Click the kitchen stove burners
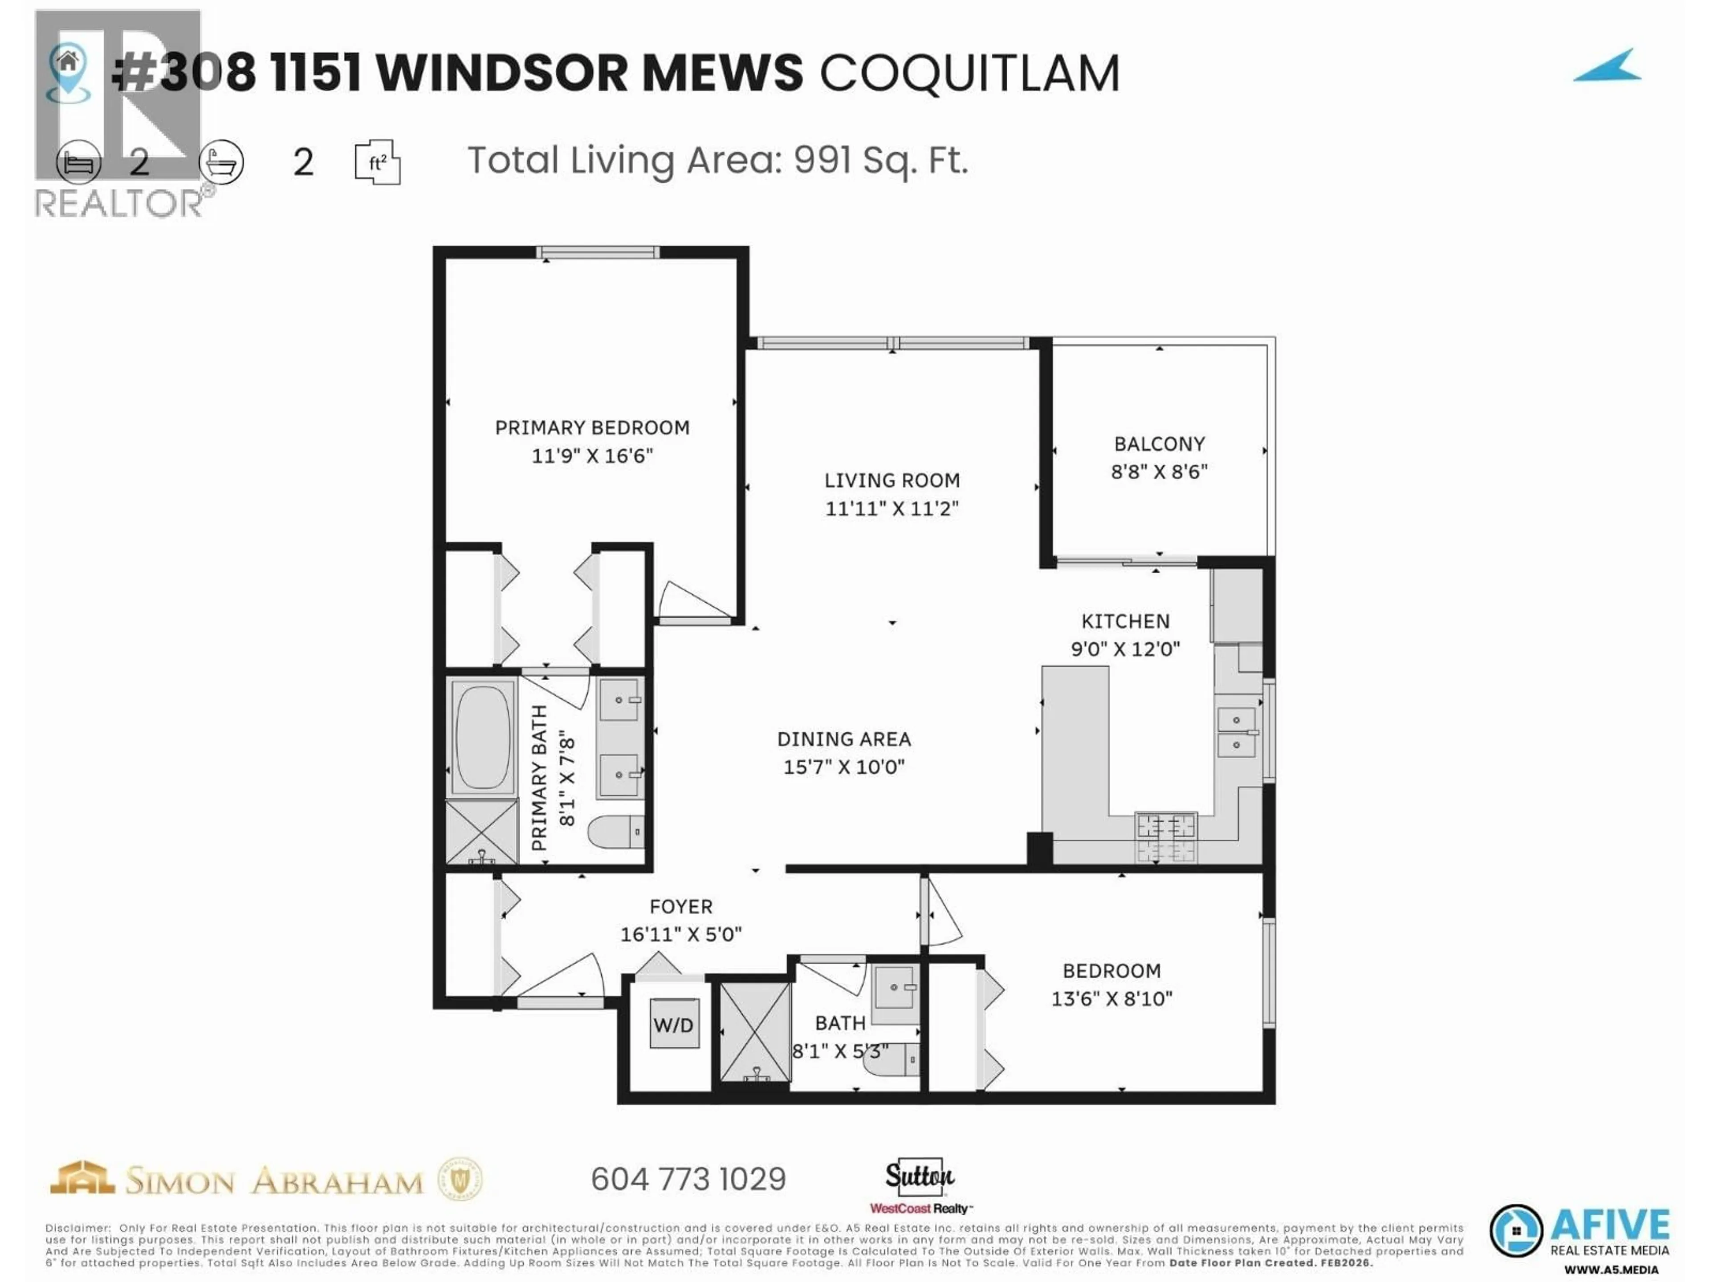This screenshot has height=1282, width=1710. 1166,837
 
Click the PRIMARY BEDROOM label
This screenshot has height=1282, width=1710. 592,427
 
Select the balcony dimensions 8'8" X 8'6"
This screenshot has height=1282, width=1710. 1159,471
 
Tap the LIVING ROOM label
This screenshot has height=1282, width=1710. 892,481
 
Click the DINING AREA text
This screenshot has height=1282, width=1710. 844,739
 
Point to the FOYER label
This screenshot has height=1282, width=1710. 681,906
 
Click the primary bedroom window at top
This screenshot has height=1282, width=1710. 598,252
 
